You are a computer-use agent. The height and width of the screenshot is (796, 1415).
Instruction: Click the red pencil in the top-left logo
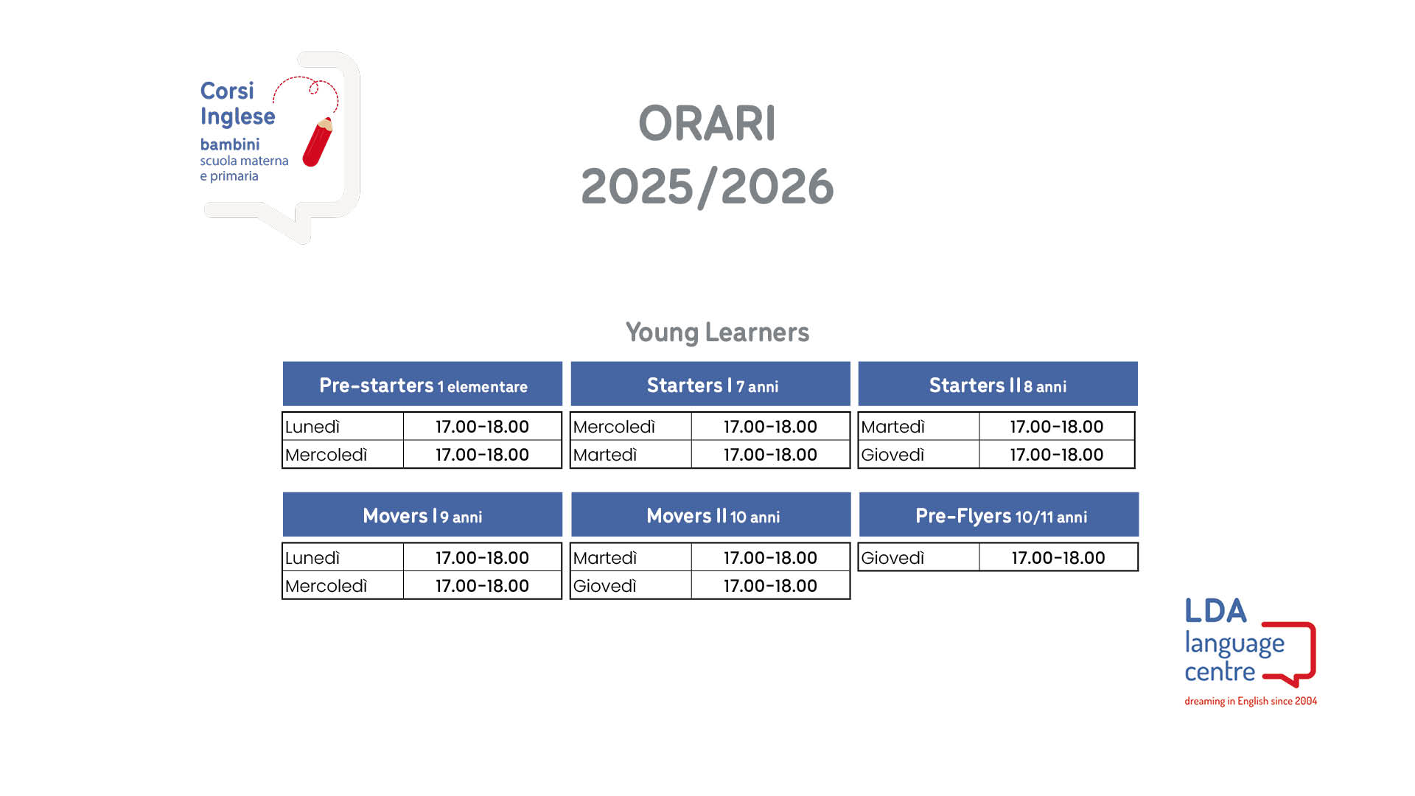pyautogui.click(x=318, y=142)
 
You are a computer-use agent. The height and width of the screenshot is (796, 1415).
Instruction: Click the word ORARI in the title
pyautogui.click(x=707, y=123)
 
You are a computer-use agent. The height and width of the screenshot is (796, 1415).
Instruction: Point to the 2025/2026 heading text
pyautogui.click(x=707, y=186)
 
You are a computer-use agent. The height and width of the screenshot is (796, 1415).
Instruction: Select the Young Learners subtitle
pyautogui.click(x=717, y=332)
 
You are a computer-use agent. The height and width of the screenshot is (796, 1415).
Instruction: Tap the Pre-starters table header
pyautogui.click(x=422, y=384)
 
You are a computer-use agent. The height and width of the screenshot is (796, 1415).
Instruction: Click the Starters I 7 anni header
pyautogui.click(x=710, y=384)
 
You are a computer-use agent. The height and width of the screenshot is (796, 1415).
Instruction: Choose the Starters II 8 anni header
pyautogui.click(x=998, y=384)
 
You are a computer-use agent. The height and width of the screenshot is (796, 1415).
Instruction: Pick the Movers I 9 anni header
pyautogui.click(x=422, y=514)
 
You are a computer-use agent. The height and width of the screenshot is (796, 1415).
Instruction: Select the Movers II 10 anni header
pyautogui.click(x=710, y=514)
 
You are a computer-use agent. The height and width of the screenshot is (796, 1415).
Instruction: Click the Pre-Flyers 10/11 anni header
pyautogui.click(x=999, y=514)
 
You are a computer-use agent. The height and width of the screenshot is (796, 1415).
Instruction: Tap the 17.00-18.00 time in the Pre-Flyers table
pyautogui.click(x=1058, y=558)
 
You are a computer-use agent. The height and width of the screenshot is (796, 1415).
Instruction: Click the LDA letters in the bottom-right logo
pyautogui.click(x=1215, y=611)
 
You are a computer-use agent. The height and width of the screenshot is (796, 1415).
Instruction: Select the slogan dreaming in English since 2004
pyautogui.click(x=1251, y=701)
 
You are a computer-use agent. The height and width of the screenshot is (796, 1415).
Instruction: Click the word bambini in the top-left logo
pyautogui.click(x=230, y=144)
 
